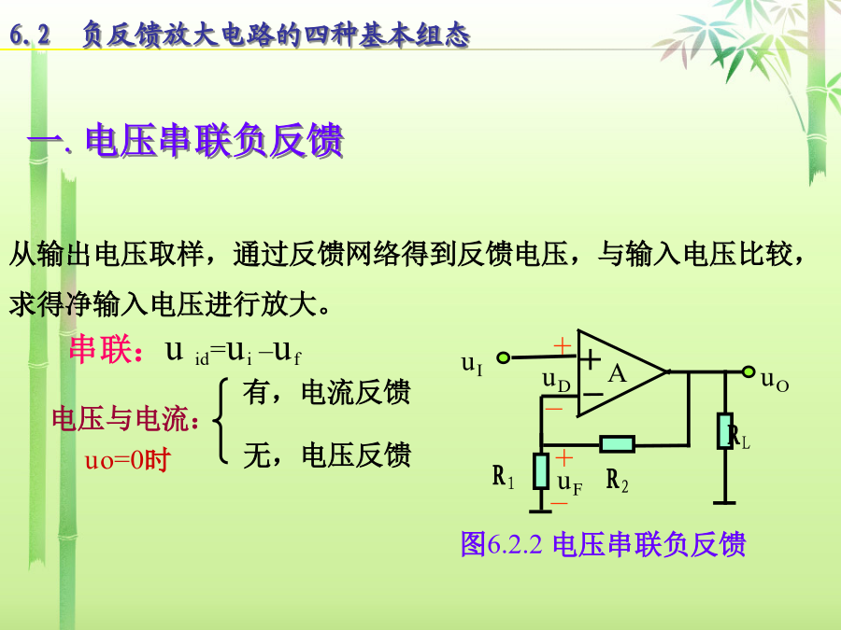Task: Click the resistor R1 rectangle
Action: click(541, 471)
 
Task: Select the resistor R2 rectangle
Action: click(617, 444)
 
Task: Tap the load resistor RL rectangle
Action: click(725, 430)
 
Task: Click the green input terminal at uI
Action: click(503, 357)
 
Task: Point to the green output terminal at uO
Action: click(748, 371)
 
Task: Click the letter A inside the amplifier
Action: click(617, 373)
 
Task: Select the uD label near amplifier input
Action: click(556, 381)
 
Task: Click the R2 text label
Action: click(617, 480)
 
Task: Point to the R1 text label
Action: click(503, 476)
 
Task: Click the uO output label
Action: click(775, 381)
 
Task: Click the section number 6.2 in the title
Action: click(30, 35)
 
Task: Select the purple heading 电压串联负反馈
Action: click(214, 140)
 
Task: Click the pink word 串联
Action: click(101, 349)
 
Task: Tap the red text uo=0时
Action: click(128, 459)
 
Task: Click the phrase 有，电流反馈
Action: click(326, 392)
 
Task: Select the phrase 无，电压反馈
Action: click(327, 455)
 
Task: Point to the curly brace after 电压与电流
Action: click(220, 421)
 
